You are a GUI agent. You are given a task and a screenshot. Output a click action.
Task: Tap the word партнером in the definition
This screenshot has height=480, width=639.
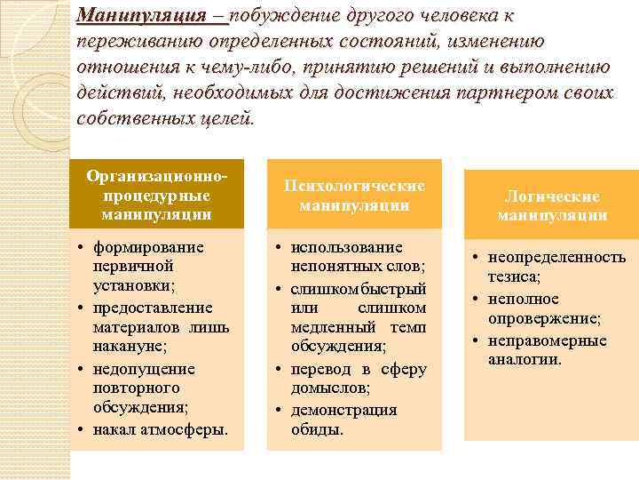(480, 93)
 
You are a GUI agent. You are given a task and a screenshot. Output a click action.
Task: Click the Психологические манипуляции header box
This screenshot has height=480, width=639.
(354, 195)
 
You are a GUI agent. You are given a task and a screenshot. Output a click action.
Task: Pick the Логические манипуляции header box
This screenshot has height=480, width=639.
(552, 205)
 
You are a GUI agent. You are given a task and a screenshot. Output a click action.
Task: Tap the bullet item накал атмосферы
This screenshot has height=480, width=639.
(160, 429)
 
